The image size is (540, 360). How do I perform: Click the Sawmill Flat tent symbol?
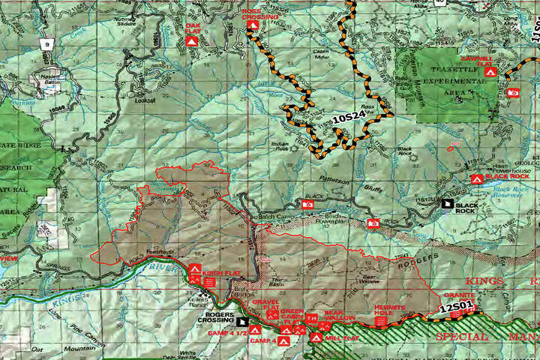[x=489, y=73]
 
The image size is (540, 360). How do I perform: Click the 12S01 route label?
[x=454, y=307]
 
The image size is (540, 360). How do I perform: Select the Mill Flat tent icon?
[x=316, y=338]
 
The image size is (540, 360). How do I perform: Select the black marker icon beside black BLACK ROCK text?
[x=448, y=202]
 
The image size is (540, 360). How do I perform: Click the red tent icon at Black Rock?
[x=475, y=178]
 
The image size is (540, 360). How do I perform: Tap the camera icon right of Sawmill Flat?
[x=513, y=92]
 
